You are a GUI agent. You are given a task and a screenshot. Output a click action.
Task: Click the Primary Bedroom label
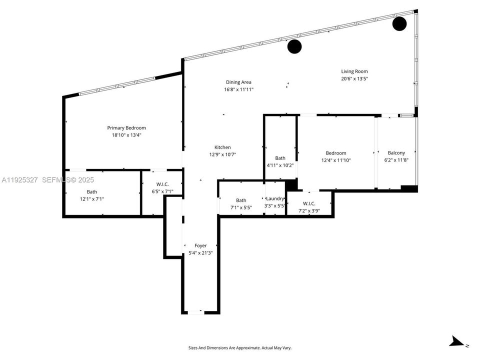(126, 128)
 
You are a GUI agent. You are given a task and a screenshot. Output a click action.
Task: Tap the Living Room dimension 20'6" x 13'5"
(354, 78)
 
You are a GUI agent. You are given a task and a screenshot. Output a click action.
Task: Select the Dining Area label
(238, 82)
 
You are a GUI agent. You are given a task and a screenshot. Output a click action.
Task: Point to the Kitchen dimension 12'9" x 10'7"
(222, 154)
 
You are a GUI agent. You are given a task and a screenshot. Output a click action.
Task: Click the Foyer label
(200, 245)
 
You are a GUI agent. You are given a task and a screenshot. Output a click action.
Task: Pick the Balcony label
(396, 153)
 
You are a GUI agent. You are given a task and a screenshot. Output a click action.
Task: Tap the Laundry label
(274, 198)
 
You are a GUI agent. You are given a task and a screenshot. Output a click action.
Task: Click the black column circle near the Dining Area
(294, 46)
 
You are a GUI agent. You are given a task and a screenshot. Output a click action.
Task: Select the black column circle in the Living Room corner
(399, 23)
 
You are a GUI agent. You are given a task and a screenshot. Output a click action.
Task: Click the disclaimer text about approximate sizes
(239, 347)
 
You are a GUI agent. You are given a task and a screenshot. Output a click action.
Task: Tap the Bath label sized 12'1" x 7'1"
(92, 191)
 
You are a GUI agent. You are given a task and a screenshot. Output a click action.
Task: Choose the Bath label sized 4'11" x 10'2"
(280, 158)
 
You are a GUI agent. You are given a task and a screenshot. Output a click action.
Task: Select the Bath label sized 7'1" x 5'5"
(241, 200)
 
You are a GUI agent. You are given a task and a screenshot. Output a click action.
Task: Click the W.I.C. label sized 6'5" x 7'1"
(162, 184)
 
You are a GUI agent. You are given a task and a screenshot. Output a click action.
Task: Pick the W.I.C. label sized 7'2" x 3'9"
(308, 203)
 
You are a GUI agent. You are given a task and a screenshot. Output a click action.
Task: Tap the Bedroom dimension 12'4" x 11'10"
(336, 160)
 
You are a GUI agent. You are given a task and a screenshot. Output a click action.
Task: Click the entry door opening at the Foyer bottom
(195, 312)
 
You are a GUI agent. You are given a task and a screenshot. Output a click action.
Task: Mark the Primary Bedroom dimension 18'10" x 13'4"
(126, 135)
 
